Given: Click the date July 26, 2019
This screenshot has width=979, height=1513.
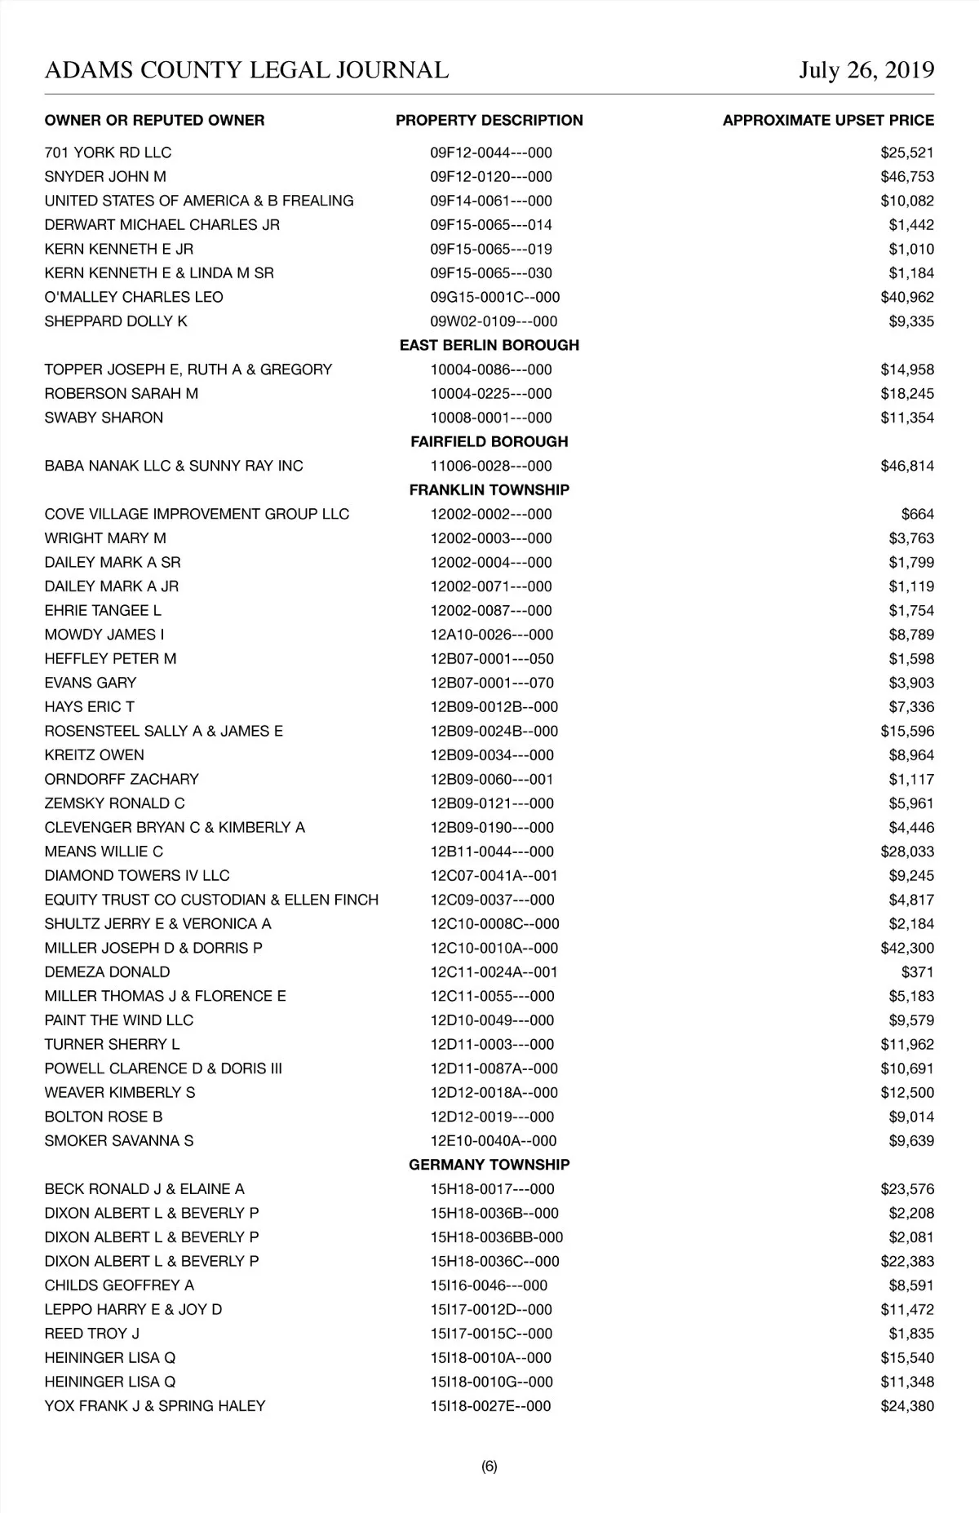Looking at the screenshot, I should pyautogui.click(x=866, y=70).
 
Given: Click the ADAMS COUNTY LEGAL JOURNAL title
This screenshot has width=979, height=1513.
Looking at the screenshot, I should pyautogui.click(x=246, y=70).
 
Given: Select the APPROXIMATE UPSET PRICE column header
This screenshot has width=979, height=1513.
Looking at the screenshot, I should pyautogui.click(x=828, y=121).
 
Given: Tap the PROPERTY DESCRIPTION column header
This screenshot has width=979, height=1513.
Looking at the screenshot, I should pyautogui.click(x=489, y=121).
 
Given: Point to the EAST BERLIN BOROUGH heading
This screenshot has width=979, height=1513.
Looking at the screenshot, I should pyautogui.click(x=489, y=345).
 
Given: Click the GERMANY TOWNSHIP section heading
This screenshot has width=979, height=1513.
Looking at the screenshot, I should pyautogui.click(x=489, y=1165).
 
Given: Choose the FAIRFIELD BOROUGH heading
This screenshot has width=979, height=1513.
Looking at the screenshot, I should pyautogui.click(x=489, y=441).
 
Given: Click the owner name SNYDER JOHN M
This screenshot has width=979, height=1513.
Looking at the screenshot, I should pyautogui.click(x=105, y=177).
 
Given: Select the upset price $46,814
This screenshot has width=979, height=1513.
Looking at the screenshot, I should pyautogui.click(x=907, y=466).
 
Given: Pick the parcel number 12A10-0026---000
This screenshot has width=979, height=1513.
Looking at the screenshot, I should pyautogui.click(x=492, y=635).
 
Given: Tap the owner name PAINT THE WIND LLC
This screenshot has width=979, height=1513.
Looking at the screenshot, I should pyautogui.click(x=119, y=1020).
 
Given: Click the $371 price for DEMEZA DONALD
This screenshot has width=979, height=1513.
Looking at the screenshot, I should pyautogui.click(x=917, y=972).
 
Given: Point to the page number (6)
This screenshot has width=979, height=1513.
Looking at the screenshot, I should pyautogui.click(x=489, y=1467).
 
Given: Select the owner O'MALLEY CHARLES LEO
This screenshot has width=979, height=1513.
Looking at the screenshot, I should pyautogui.click(x=134, y=297).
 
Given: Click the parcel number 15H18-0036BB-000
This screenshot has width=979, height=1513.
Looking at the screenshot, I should pyautogui.click(x=497, y=1237).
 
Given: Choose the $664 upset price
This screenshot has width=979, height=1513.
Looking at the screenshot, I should pyautogui.click(x=917, y=514).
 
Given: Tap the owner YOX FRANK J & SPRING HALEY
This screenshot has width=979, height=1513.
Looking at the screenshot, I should pyautogui.click(x=155, y=1406).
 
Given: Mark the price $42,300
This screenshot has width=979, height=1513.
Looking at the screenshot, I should pyautogui.click(x=907, y=948).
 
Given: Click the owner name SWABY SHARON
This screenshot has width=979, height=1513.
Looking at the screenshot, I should pyautogui.click(x=104, y=418).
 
